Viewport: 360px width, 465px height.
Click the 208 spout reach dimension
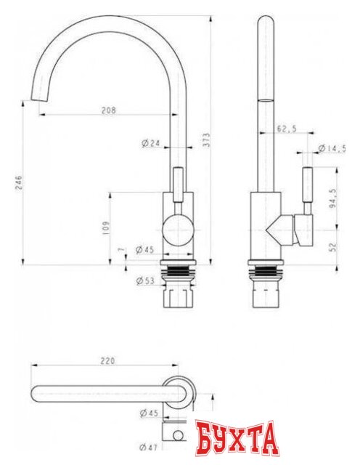109,110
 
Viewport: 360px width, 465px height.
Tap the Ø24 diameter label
151,143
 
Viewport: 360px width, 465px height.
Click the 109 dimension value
106,228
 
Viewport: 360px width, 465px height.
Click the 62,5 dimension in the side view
286,129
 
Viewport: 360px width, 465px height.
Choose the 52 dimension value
333,247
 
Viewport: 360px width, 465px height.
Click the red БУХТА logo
236,438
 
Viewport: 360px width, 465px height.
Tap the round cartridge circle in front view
176,232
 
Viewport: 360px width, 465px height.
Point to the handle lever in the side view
308,190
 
